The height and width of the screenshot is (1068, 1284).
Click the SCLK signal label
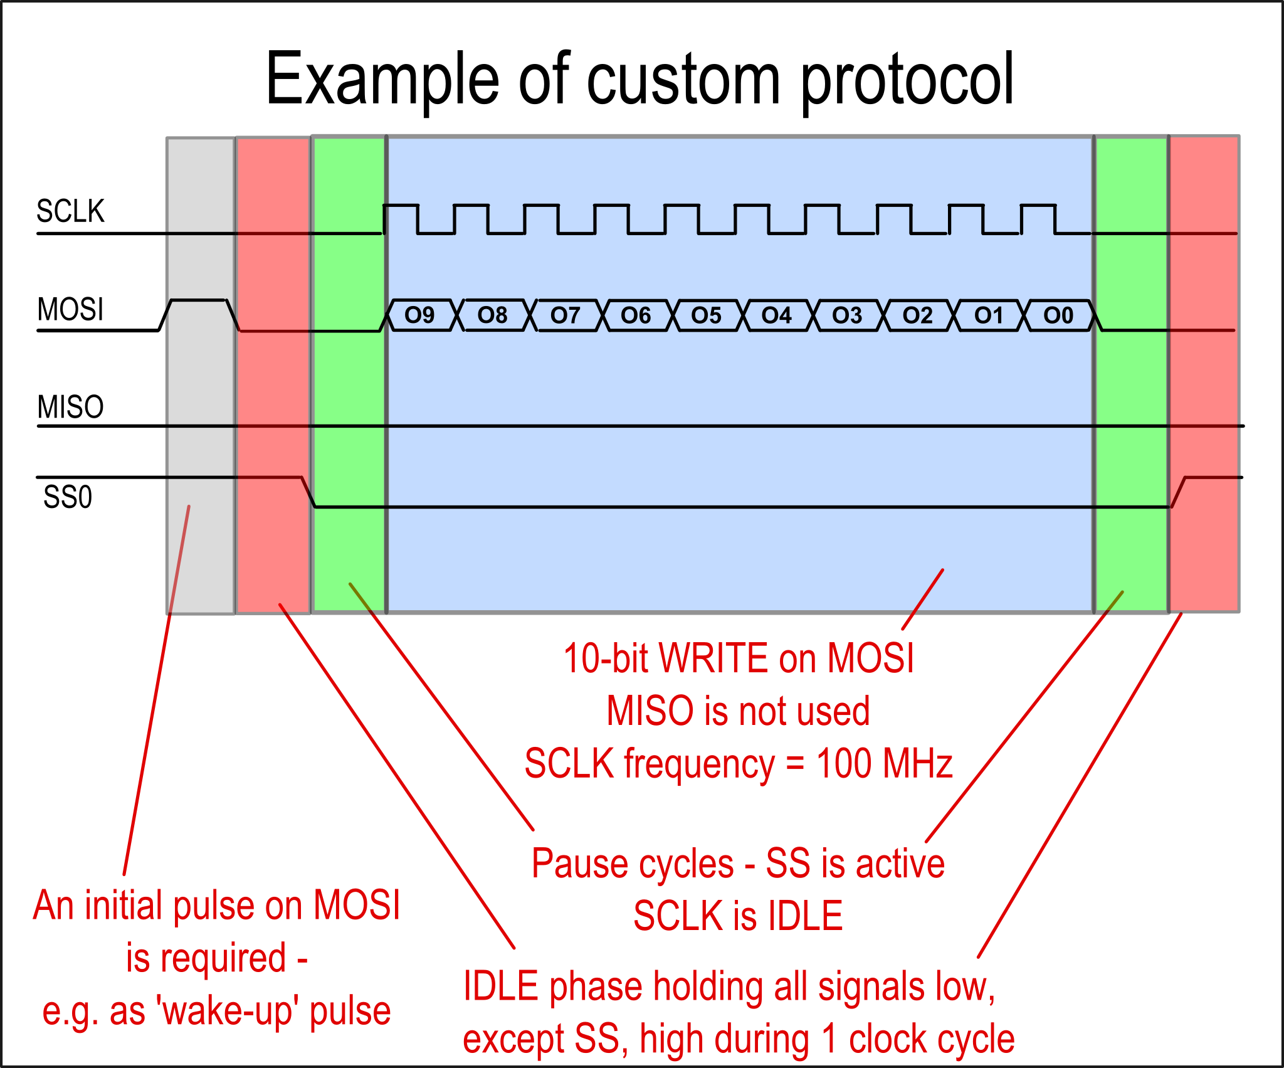click(70, 211)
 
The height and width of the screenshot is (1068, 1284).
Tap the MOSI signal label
click(70, 310)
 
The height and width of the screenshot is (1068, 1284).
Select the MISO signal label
click(70, 407)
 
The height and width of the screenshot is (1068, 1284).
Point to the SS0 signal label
click(68, 497)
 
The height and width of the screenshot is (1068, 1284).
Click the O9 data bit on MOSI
click(420, 315)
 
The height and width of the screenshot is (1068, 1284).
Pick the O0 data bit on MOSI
click(1058, 315)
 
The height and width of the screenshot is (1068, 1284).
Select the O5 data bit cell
click(707, 315)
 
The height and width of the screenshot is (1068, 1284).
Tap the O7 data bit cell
click(566, 315)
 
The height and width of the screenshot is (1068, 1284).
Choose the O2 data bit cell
click(918, 315)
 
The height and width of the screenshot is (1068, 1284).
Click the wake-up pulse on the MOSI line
click(199, 300)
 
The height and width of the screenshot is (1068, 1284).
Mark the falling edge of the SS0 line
click(308, 492)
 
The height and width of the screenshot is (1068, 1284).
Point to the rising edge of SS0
click(1178, 492)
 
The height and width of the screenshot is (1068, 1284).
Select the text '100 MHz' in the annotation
click(884, 763)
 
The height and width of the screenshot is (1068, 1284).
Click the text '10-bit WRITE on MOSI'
click(739, 658)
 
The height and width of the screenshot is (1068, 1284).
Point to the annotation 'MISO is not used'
click(739, 711)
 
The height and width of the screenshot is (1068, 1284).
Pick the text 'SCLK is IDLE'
click(739, 916)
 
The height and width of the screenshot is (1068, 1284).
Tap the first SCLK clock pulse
click(401, 206)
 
